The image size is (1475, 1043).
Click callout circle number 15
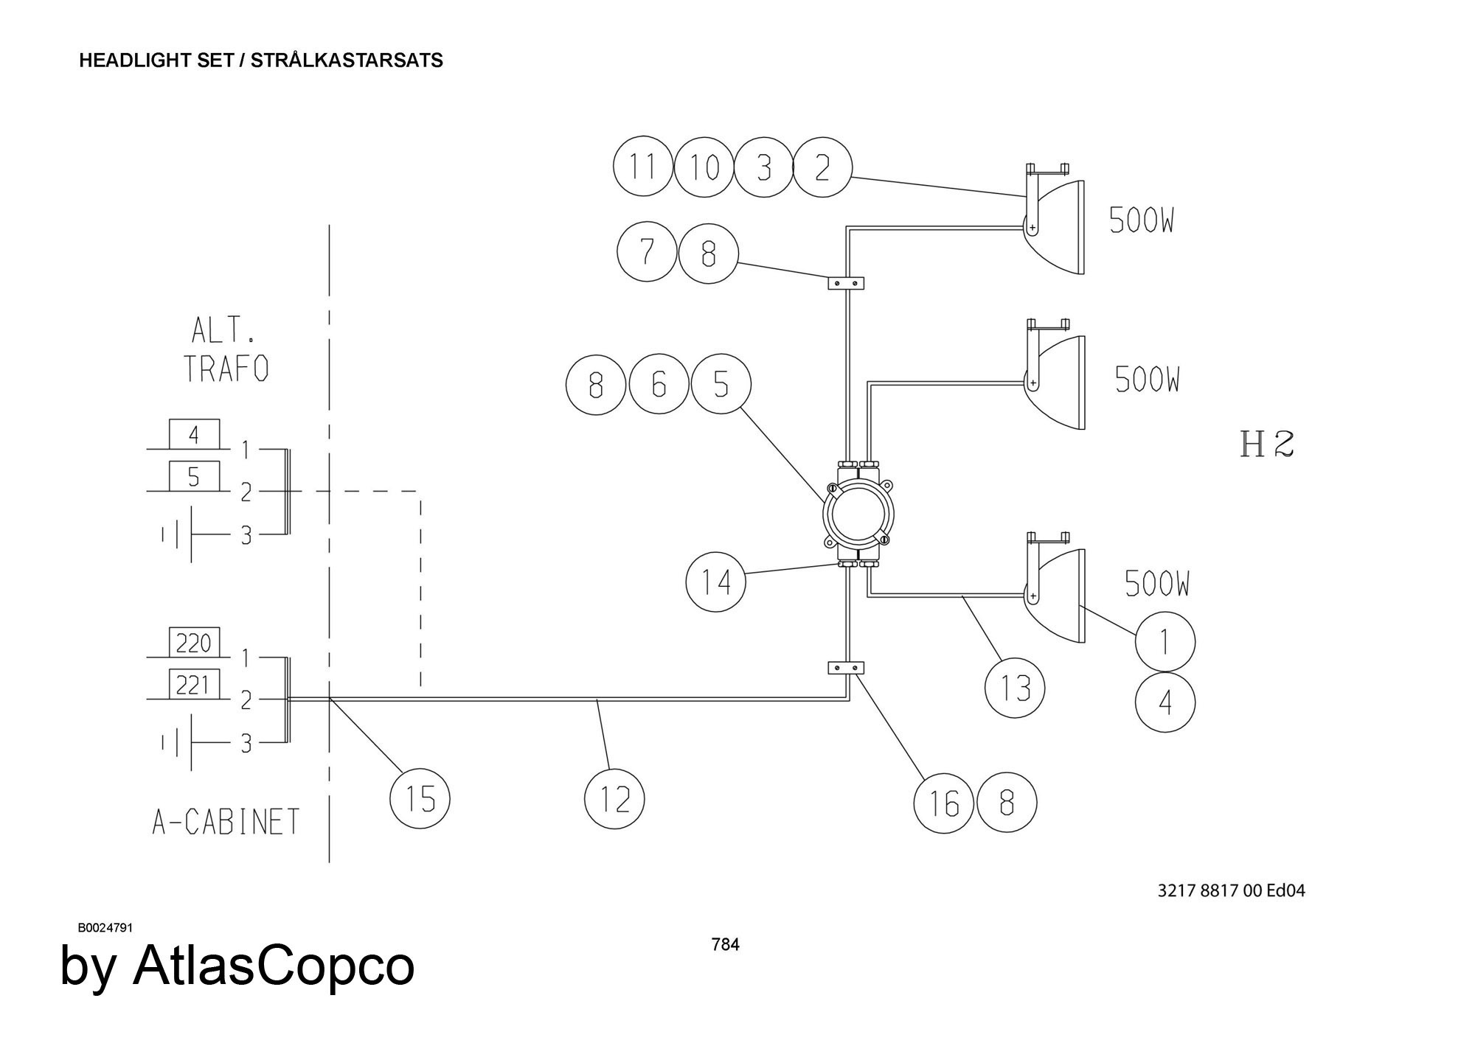419,798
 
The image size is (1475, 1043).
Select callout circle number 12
614,798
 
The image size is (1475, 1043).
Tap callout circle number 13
1015,688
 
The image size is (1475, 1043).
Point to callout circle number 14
715,582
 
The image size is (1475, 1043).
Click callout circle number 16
943,803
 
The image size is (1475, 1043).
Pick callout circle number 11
643,167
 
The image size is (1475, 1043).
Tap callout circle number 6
659,385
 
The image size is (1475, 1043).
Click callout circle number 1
1165,641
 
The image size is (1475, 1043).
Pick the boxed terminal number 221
194,686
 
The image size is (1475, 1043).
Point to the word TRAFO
226,369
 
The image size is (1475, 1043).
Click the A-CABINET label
226,821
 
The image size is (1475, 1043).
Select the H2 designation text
1267,444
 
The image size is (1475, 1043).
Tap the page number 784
725,944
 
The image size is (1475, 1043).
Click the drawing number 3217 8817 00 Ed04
1231,890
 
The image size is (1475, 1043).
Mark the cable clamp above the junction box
845,282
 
